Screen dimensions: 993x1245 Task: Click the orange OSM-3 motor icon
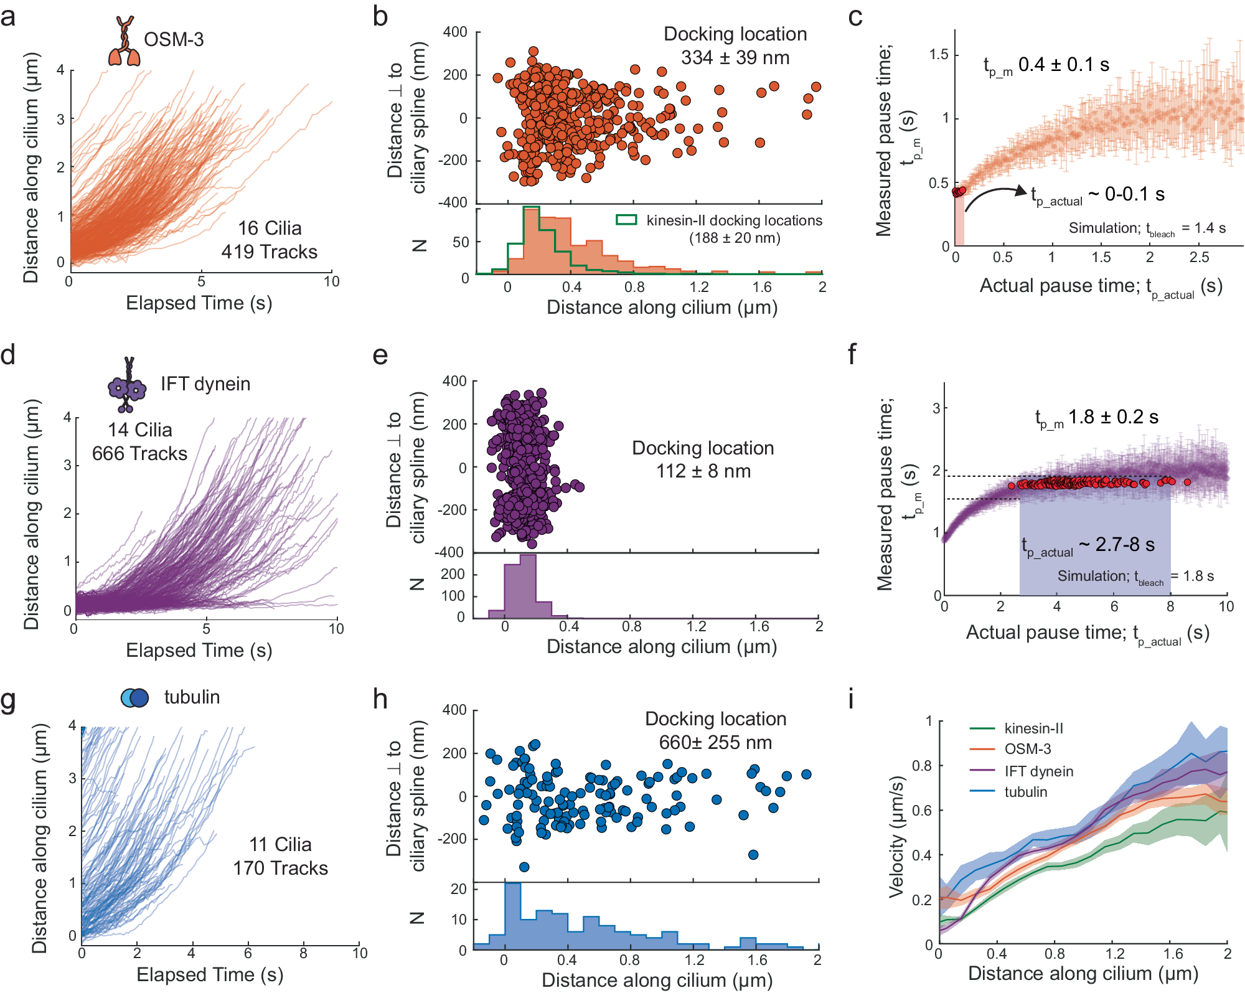(x=125, y=41)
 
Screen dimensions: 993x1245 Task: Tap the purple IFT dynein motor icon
(x=127, y=386)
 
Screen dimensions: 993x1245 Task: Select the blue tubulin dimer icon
(x=134, y=697)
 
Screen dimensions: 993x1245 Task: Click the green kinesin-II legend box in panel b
(x=626, y=220)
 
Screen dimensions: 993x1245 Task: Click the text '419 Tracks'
(x=269, y=252)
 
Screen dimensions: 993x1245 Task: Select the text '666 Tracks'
(x=139, y=453)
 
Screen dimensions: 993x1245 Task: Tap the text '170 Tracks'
(x=280, y=868)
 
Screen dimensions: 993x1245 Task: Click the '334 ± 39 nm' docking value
(x=735, y=58)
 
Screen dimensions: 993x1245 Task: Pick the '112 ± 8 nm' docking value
(x=703, y=471)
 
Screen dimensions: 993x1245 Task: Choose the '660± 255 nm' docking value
(x=715, y=742)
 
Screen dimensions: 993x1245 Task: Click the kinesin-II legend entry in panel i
(x=1033, y=728)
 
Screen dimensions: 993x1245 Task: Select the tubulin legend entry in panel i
(x=1025, y=792)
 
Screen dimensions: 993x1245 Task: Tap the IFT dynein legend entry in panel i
(x=1038, y=771)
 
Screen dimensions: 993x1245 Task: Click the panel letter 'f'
(x=852, y=355)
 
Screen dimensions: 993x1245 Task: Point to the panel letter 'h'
(x=380, y=700)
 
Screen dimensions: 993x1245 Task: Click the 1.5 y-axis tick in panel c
(x=938, y=55)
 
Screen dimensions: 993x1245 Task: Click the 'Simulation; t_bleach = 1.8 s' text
(x=1135, y=577)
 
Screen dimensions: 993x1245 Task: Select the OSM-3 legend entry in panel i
(x=1027, y=749)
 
